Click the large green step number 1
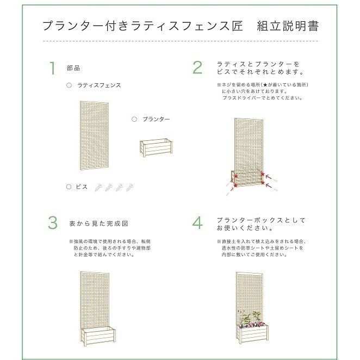52,69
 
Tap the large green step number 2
197,67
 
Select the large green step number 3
52,223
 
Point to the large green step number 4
197,223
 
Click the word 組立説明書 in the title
288,26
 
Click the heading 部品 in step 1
73,69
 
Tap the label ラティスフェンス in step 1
99,85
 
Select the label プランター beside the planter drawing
156,119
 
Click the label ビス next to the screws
81,187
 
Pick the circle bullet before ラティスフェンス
69,85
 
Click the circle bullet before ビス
69,187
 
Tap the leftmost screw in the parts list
99,187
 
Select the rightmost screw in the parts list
130,187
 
